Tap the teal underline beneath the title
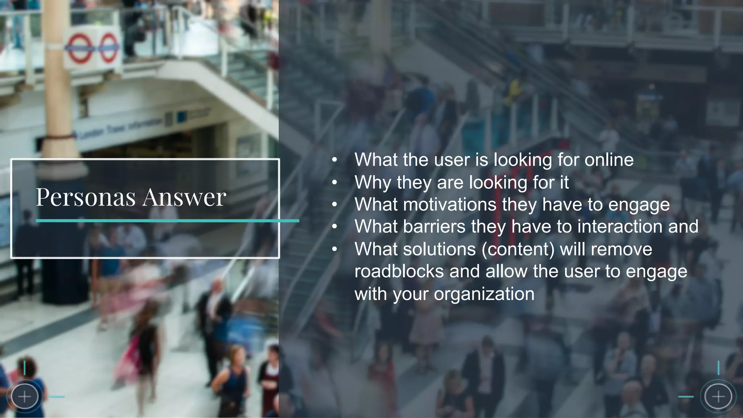(167, 221)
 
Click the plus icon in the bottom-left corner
(24, 397)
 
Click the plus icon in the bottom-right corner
(718, 397)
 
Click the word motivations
(450, 204)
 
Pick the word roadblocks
(399, 271)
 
